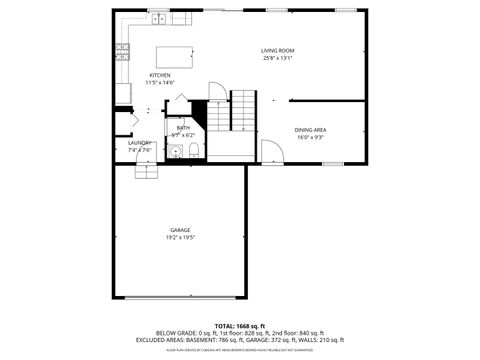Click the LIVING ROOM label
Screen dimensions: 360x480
pos(277,50)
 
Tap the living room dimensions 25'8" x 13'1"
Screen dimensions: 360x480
pos(277,58)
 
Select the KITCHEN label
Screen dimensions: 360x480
pos(160,75)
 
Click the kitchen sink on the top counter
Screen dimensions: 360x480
pos(160,18)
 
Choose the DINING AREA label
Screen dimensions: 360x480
pos(310,130)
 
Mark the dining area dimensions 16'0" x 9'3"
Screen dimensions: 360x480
pos(310,138)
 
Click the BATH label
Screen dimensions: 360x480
pos(184,128)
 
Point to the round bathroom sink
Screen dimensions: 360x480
pos(174,153)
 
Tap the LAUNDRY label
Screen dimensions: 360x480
pos(140,143)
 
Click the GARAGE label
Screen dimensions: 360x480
pos(180,230)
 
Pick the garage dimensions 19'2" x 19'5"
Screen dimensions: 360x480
pos(180,238)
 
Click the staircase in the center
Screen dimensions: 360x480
pos(243,110)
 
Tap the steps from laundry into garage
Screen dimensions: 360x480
pos(147,171)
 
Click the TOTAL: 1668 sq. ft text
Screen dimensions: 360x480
pos(240,325)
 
